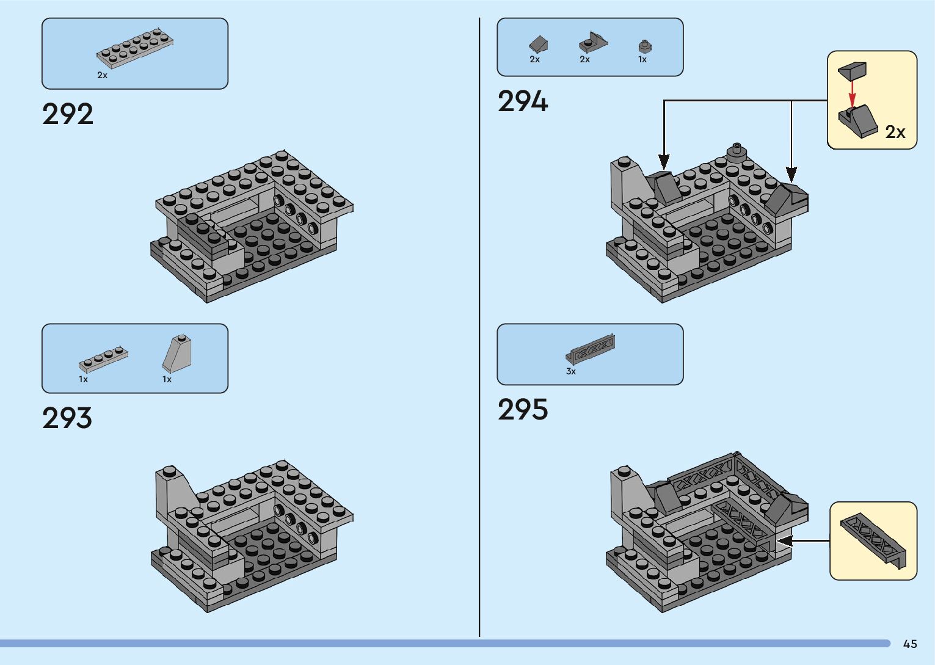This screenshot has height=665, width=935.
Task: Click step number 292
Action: click(x=68, y=114)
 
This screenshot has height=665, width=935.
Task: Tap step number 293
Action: click(x=67, y=418)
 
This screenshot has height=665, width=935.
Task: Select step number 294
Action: click(x=523, y=101)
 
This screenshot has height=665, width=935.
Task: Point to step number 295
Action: click(x=523, y=410)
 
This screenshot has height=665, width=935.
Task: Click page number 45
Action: click(x=910, y=644)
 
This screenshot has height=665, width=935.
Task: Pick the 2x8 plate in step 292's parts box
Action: click(x=135, y=48)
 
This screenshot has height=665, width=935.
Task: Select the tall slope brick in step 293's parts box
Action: click(x=177, y=354)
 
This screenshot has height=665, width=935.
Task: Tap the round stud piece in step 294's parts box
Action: click(x=643, y=46)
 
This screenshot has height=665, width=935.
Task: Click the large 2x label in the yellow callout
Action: click(x=895, y=132)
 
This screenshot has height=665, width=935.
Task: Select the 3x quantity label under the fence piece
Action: click(x=571, y=371)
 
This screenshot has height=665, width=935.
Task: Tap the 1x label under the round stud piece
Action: click(x=642, y=59)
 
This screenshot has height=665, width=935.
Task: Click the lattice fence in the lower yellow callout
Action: click(x=873, y=540)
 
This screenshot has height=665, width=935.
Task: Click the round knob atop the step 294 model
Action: click(x=737, y=150)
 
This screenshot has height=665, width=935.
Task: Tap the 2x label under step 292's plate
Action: click(x=102, y=75)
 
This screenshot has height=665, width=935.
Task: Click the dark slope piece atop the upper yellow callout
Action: click(x=852, y=70)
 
